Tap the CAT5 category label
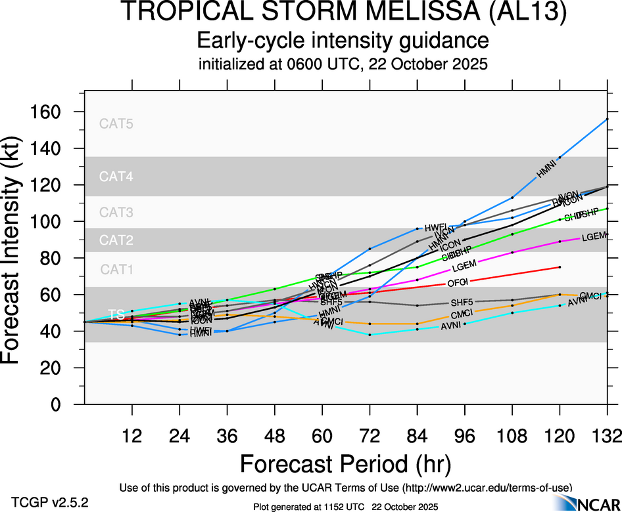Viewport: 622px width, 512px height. [116, 123]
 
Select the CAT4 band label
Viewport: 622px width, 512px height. [116, 176]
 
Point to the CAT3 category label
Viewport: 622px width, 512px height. [116, 212]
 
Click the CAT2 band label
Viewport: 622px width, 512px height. [116, 240]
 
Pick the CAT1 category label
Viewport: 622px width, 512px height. [116, 269]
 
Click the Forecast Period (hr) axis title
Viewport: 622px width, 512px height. [345, 464]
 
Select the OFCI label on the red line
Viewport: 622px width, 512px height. [457, 282]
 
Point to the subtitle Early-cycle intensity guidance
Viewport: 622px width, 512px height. [343, 41]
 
